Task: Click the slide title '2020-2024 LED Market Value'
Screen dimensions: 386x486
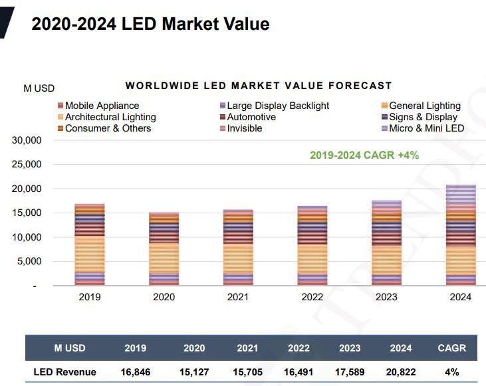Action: pos(150,25)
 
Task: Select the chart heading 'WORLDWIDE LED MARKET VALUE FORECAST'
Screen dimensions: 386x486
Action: pos(259,86)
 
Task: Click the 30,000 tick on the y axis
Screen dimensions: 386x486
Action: pos(27,141)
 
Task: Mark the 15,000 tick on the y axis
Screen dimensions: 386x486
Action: pos(27,213)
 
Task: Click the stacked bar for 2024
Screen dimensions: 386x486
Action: pos(460,235)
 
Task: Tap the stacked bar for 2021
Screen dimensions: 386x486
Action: pos(238,247)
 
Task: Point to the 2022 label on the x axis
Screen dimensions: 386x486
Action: pos(312,297)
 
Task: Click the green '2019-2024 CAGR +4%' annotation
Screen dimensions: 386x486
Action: pos(364,155)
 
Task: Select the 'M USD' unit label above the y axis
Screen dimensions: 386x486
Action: pos(39,88)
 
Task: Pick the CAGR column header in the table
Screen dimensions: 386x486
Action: pos(452,348)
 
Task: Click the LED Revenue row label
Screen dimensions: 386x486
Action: pos(65,372)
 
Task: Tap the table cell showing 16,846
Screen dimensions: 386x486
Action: pos(136,372)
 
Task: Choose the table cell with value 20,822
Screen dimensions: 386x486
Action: pos(401,372)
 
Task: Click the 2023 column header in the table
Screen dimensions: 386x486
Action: pos(350,348)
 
